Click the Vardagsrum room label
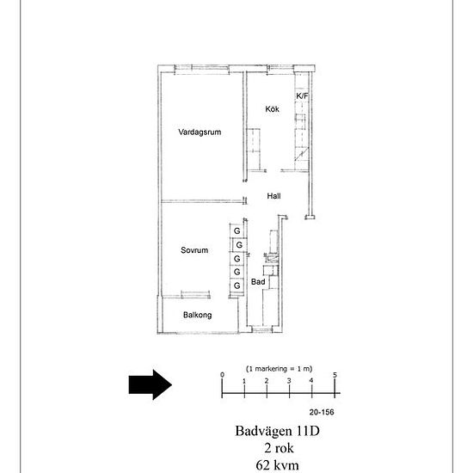pyautogui.click(x=200, y=132)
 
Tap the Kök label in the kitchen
pyautogui.click(x=272, y=109)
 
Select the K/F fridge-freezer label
pyautogui.click(x=302, y=96)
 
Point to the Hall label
pyautogui.click(x=273, y=196)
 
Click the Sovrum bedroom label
pyautogui.click(x=194, y=250)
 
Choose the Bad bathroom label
pyautogui.click(x=258, y=282)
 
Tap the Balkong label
pyautogui.click(x=197, y=315)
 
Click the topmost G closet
pyautogui.click(x=237, y=230)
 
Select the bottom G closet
pyautogui.click(x=237, y=286)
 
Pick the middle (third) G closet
pyautogui.click(x=237, y=259)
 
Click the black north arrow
pyautogui.click(x=150, y=384)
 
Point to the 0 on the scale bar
pyautogui.click(x=223, y=375)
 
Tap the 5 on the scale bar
pyautogui.click(x=335, y=375)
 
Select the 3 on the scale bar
pyautogui.click(x=289, y=381)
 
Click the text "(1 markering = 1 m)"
pyautogui.click(x=279, y=369)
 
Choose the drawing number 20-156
pyautogui.click(x=322, y=412)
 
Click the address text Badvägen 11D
pyautogui.click(x=277, y=431)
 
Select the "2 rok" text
pyautogui.click(x=279, y=448)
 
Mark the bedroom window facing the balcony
pyautogui.click(x=195, y=295)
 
